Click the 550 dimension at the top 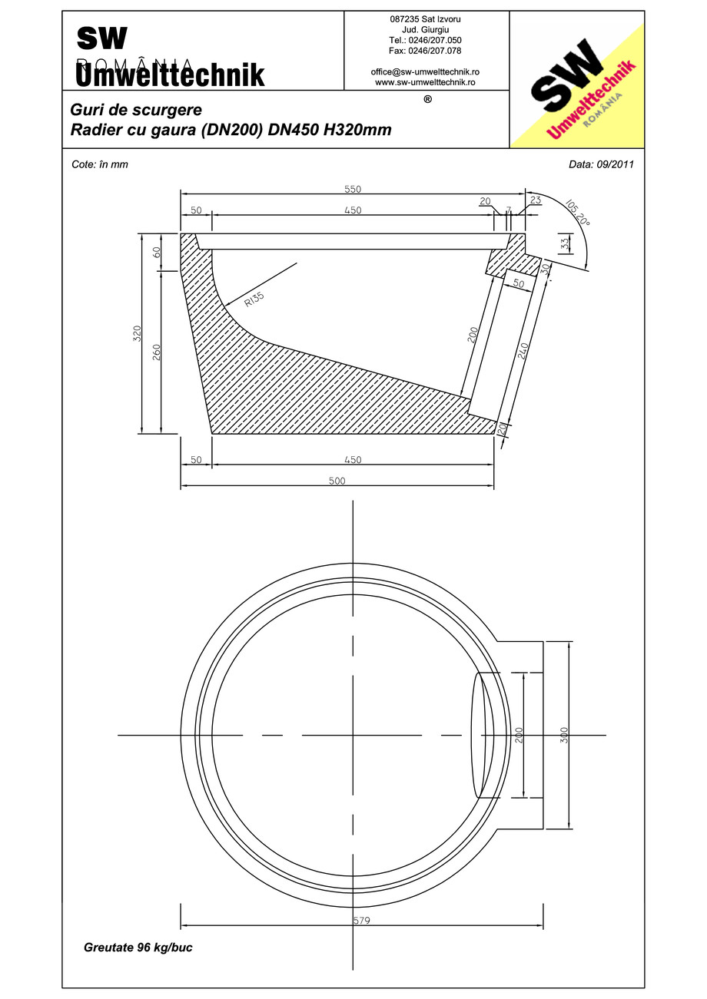[353, 189]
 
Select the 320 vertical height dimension [138, 333]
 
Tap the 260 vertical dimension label [156, 352]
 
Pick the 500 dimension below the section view [337, 481]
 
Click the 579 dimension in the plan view [362, 921]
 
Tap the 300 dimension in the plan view [564, 735]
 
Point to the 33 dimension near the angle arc [565, 244]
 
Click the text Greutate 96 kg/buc [138, 948]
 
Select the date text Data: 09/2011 [601, 164]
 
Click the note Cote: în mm [99, 164]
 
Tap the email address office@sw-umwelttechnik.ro [425, 71]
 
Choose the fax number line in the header [425, 51]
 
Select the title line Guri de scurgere [136, 110]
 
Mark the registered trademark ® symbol [427, 99]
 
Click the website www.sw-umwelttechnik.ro [425, 81]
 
